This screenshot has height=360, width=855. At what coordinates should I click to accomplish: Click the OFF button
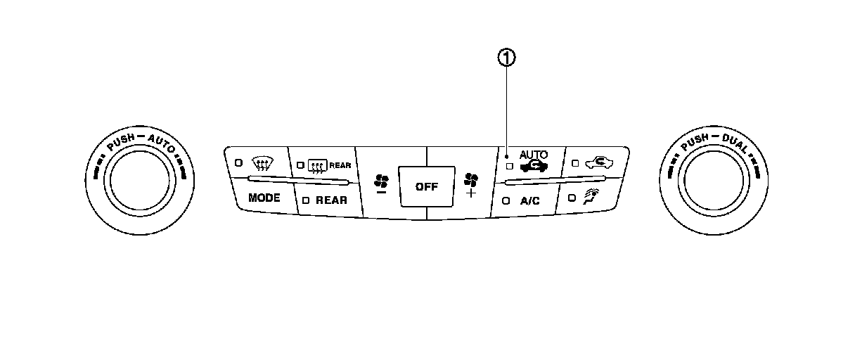coord(426,186)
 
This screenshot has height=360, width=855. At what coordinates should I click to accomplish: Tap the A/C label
coord(529,200)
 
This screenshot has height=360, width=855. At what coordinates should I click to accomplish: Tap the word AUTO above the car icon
coord(533,154)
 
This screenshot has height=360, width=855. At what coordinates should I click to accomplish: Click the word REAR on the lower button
coord(331,200)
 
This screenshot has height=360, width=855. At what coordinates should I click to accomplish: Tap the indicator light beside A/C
coord(506,200)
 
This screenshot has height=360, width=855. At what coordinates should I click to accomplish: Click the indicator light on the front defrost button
coord(238,162)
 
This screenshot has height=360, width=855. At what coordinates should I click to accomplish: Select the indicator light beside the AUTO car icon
coord(509,167)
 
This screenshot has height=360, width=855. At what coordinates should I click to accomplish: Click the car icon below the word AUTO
coord(534,167)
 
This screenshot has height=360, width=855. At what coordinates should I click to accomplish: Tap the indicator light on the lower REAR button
coord(306,200)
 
